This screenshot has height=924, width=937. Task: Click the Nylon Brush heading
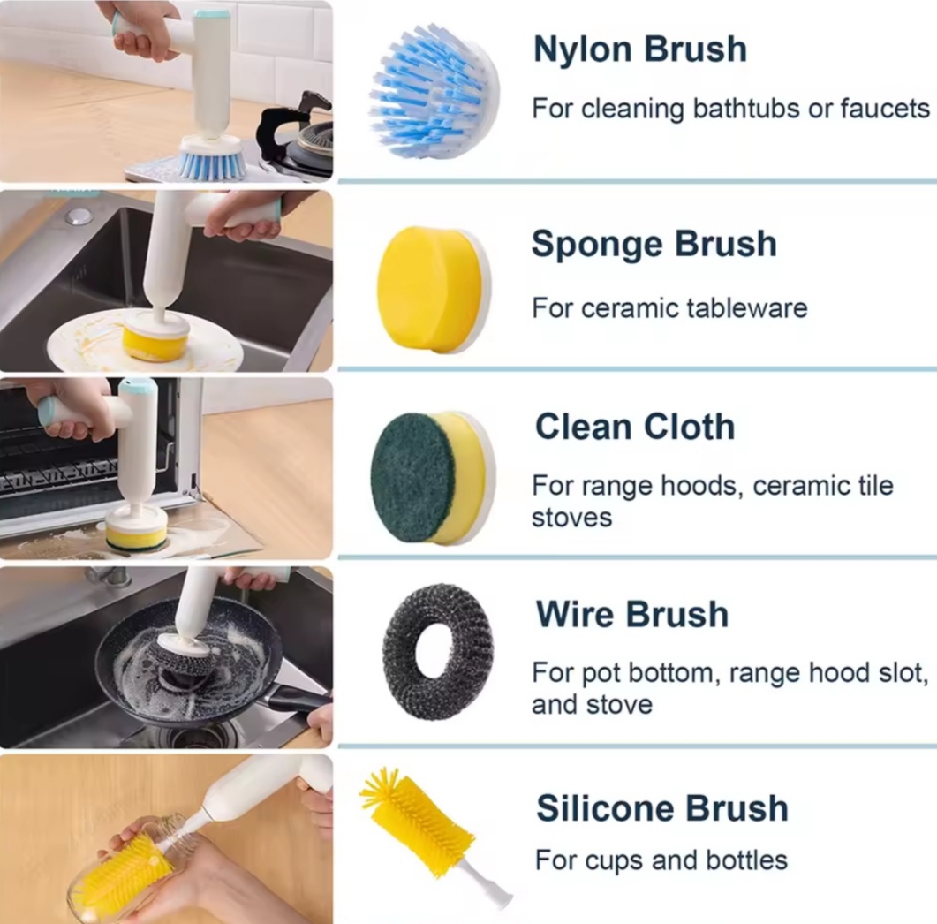click(640, 49)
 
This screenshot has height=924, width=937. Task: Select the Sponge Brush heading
click(654, 244)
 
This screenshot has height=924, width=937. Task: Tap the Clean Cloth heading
click(635, 427)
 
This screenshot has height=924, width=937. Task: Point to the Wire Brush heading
click(632, 614)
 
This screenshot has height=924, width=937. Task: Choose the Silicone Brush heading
click(662, 808)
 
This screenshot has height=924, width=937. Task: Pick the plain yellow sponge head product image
click(434, 289)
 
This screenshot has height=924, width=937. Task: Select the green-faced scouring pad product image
click(433, 478)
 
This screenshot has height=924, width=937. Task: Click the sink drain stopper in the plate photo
click(79, 216)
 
